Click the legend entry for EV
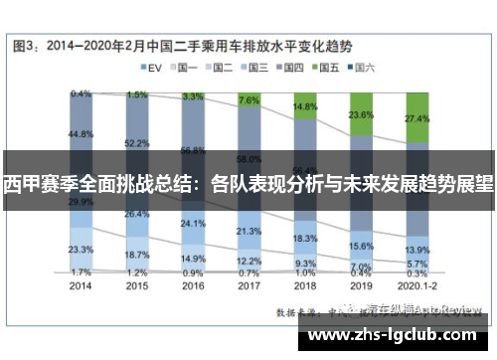(x=150, y=69)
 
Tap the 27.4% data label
(x=417, y=117)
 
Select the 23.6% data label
(x=362, y=114)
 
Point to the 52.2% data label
(x=137, y=143)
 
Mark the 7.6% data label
(x=249, y=101)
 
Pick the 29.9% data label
(x=82, y=201)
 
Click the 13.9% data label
(x=417, y=250)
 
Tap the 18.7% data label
(x=137, y=255)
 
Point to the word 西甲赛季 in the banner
(x=40, y=185)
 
